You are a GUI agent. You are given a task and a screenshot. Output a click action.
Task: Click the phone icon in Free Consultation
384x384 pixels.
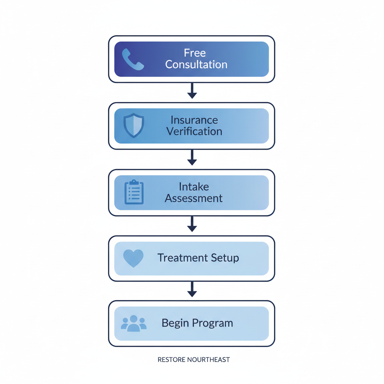point(133,59)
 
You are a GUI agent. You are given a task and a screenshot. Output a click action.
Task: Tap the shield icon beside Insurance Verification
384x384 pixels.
point(133,126)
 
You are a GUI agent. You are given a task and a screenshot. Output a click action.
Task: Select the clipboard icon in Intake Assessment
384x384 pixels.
point(134,192)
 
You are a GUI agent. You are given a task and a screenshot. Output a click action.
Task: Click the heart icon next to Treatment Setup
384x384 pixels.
point(133,258)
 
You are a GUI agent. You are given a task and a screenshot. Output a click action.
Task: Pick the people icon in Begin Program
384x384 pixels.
point(133,323)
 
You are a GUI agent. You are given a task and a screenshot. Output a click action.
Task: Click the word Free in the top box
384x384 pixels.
point(195,53)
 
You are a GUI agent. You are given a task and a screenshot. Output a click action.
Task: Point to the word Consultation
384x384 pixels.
point(196,64)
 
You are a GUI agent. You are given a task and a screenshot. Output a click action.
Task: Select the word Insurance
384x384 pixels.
point(194,120)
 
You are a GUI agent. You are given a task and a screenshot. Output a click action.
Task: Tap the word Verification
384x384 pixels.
point(194,132)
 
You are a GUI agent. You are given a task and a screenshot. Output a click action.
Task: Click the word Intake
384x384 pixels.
point(194,186)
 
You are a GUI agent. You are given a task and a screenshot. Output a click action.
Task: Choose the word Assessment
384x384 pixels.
point(194,198)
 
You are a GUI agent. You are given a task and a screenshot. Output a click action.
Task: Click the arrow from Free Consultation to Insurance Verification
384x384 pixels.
point(192,91)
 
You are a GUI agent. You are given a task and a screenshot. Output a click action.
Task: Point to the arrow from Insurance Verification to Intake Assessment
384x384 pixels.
point(192,158)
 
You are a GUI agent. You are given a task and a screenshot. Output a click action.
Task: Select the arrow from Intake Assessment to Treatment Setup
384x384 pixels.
point(192,224)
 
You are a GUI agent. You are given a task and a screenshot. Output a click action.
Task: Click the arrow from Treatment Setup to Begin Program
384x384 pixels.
point(192,290)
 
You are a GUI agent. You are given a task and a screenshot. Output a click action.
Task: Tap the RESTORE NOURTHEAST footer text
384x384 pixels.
point(193,360)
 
